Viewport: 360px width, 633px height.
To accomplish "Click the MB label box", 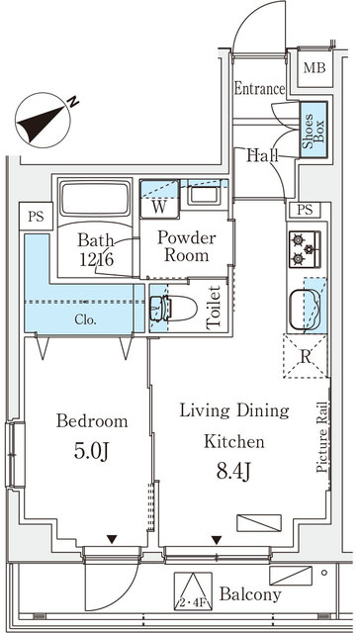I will pos(315,68).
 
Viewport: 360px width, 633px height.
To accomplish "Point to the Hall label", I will pos(262,155).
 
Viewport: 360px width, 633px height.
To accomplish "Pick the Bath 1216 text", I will pos(96,248).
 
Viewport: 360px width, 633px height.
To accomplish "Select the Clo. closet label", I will pos(84,319).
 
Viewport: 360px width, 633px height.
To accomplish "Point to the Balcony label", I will pos(250,595).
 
